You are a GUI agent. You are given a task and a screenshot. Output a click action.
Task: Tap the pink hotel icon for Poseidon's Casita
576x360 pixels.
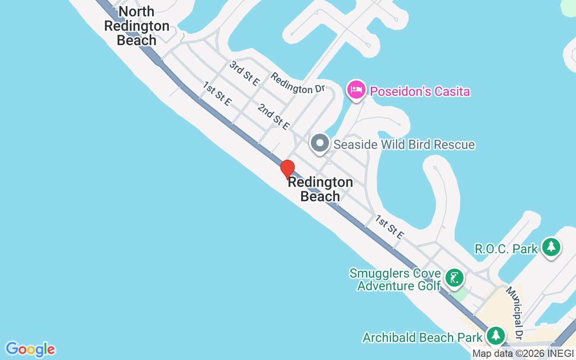click(356, 90)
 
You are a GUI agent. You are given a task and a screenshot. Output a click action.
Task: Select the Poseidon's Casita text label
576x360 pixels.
click(420, 92)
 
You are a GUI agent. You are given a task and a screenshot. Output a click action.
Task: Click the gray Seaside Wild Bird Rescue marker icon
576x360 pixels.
click(320, 143)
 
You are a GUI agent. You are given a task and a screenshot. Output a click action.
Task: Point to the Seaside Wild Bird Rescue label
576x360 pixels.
click(404, 144)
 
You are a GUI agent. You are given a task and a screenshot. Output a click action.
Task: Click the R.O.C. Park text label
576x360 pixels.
click(506, 249)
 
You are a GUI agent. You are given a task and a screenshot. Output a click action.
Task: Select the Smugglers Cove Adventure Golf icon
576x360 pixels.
click(454, 278)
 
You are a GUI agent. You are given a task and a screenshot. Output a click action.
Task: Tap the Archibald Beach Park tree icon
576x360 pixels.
click(496, 336)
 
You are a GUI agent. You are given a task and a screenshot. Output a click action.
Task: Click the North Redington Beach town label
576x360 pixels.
click(137, 26)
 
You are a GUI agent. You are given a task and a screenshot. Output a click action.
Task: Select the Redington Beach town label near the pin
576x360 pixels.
click(320, 189)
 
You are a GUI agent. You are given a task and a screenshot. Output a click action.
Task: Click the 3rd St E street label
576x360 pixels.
click(244, 73)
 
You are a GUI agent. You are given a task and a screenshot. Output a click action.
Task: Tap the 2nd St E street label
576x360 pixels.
click(273, 117)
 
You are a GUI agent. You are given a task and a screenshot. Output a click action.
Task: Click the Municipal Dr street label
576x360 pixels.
click(514, 312)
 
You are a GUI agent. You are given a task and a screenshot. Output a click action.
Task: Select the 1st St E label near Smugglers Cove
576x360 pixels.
click(390, 227)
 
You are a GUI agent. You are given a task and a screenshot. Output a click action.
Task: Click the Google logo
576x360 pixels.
click(30, 349)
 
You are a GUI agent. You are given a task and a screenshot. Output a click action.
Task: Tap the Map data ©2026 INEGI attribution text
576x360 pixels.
click(523, 354)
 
